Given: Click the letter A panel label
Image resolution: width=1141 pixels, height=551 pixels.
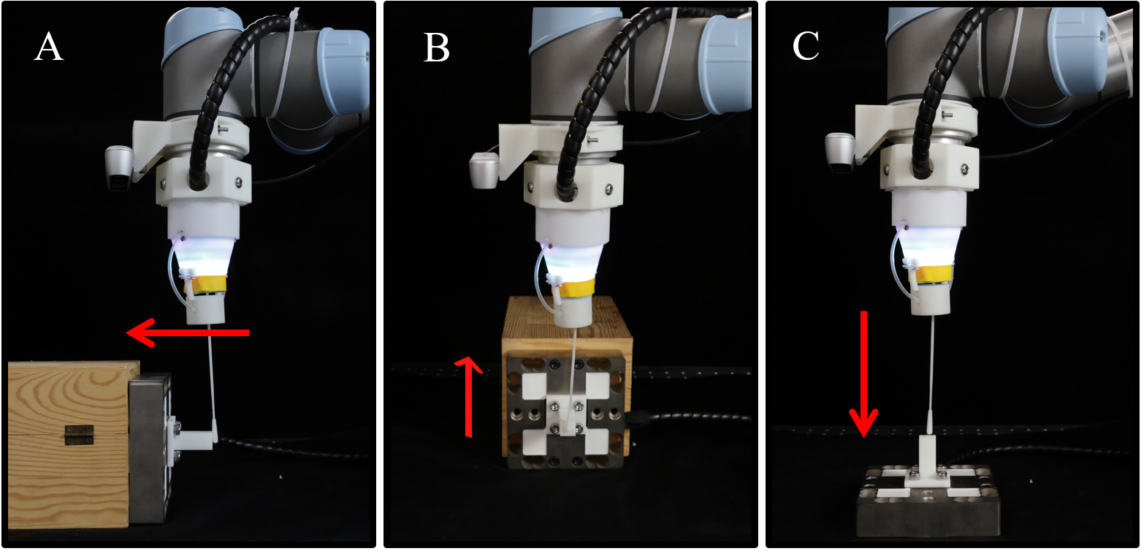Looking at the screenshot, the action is click(49, 46).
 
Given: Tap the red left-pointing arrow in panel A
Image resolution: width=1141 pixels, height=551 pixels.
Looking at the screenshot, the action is click(188, 332).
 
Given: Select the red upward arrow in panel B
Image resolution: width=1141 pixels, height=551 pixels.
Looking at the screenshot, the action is click(468, 397).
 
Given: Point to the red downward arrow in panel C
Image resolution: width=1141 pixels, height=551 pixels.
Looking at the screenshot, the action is click(863, 374).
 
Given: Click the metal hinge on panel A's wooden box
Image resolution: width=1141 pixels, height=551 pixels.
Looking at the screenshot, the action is click(78, 435).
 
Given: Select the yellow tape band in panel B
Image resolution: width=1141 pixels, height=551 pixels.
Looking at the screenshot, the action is click(576, 287).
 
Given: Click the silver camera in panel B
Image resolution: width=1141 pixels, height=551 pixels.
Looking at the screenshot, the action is click(484, 170).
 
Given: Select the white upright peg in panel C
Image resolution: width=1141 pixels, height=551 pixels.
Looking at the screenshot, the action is click(928, 455).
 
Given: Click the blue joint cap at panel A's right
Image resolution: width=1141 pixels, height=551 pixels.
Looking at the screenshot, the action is click(345, 71).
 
